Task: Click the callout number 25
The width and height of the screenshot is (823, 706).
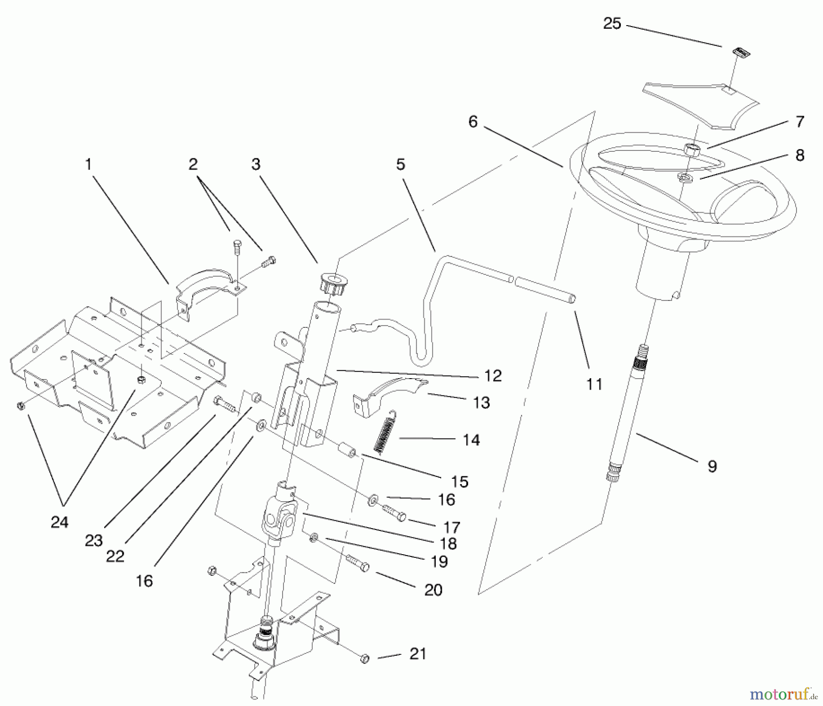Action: coord(612,24)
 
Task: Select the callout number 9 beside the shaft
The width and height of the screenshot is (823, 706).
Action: coord(712,466)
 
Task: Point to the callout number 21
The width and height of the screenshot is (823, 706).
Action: coord(418,654)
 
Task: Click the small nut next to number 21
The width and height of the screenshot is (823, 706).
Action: coord(365,659)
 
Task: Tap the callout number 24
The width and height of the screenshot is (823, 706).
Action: coord(59,522)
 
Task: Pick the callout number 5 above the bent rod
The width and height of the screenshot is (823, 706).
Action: coord(401,164)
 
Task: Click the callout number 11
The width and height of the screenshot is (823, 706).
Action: coord(594,385)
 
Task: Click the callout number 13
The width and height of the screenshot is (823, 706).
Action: coord(481,402)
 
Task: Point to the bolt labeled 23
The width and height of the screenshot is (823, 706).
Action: coord(224,403)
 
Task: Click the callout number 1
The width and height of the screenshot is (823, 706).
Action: coord(89,164)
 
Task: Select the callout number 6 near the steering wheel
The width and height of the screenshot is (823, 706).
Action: coord(473,122)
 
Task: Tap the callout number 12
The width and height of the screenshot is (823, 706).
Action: coord(493,375)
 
